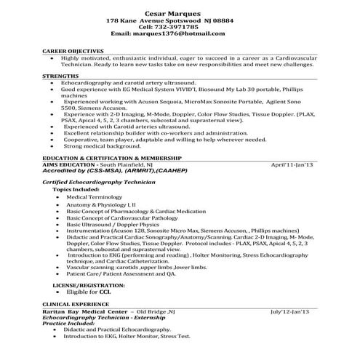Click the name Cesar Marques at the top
[179, 13]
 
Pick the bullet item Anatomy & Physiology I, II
[101, 206]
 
